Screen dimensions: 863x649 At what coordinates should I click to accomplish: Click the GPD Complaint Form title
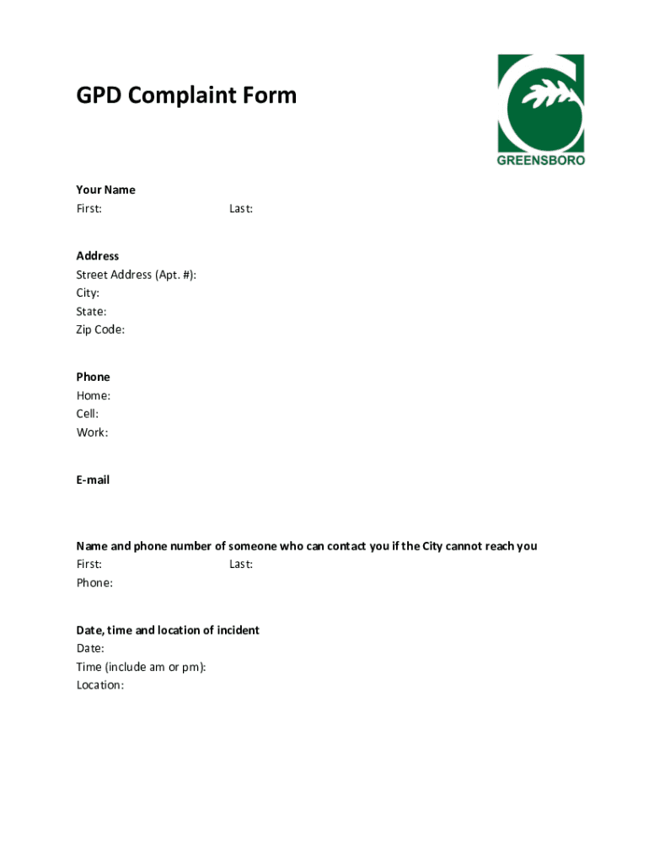click(x=186, y=95)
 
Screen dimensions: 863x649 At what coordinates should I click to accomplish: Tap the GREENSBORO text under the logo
click(x=540, y=160)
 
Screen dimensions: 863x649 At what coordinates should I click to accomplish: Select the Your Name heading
click(x=105, y=190)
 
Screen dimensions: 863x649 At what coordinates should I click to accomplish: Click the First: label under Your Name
click(x=89, y=208)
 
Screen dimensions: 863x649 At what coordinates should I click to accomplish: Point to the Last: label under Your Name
click(x=241, y=208)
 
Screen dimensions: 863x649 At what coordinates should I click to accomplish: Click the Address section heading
click(x=98, y=255)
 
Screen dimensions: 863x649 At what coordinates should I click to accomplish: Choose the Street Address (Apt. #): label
click(x=137, y=275)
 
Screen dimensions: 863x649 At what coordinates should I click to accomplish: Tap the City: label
click(x=88, y=293)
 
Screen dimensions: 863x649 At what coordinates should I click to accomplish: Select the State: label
click(x=91, y=312)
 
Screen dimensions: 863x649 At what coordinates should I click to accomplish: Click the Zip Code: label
click(x=100, y=330)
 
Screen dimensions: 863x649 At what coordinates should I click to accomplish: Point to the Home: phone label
click(x=94, y=395)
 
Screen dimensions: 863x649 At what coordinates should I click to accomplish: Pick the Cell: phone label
click(x=88, y=414)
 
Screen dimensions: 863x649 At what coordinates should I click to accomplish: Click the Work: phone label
click(x=92, y=432)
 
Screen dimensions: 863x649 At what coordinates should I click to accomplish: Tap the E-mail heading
click(x=93, y=480)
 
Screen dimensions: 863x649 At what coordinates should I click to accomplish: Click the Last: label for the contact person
click(x=241, y=564)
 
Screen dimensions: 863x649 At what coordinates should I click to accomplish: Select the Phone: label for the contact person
click(x=94, y=582)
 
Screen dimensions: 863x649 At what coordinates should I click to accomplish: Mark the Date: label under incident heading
click(x=90, y=648)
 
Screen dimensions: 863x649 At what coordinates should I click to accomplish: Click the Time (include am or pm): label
click(x=141, y=667)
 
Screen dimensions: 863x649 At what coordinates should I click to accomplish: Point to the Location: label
click(x=100, y=685)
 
